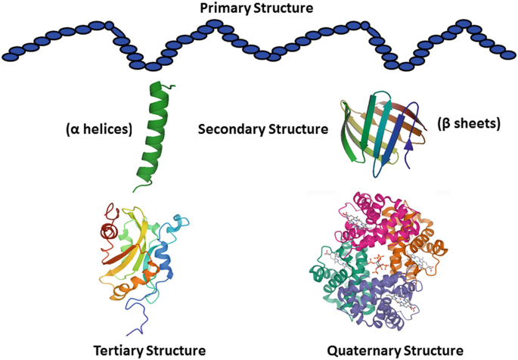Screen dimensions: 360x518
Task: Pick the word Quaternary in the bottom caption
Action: (x=361, y=350)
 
